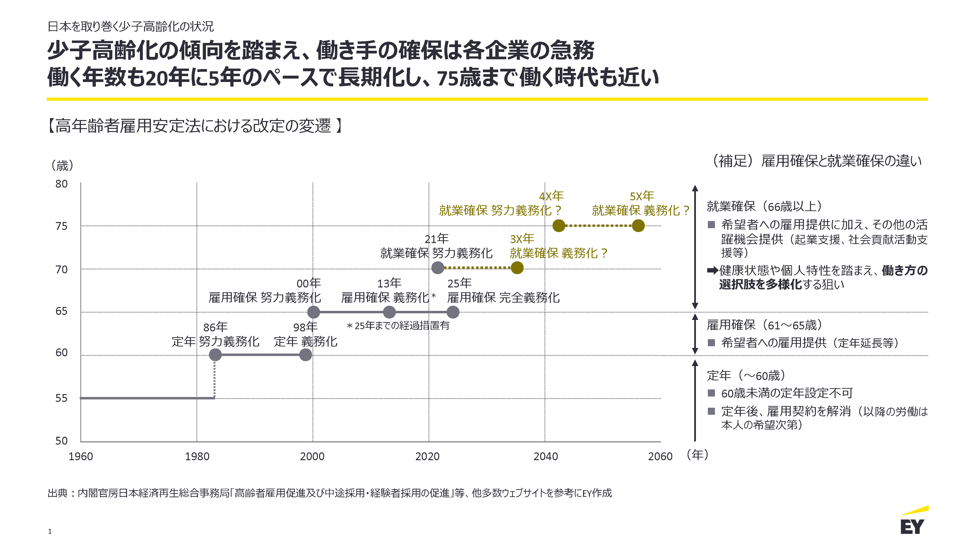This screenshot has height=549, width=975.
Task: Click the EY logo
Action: coord(914,522)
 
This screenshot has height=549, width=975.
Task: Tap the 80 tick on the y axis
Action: coord(61,184)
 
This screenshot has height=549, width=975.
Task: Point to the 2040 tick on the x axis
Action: coord(546,457)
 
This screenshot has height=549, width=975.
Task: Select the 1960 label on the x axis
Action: coord(81,457)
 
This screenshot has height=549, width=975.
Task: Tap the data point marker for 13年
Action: coord(389,312)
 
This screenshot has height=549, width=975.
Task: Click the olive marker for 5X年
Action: coord(638,226)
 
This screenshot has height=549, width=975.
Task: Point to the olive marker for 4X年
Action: coord(559,226)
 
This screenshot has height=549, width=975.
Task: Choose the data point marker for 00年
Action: coord(313,312)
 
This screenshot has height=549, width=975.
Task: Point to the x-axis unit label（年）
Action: coord(697,455)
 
